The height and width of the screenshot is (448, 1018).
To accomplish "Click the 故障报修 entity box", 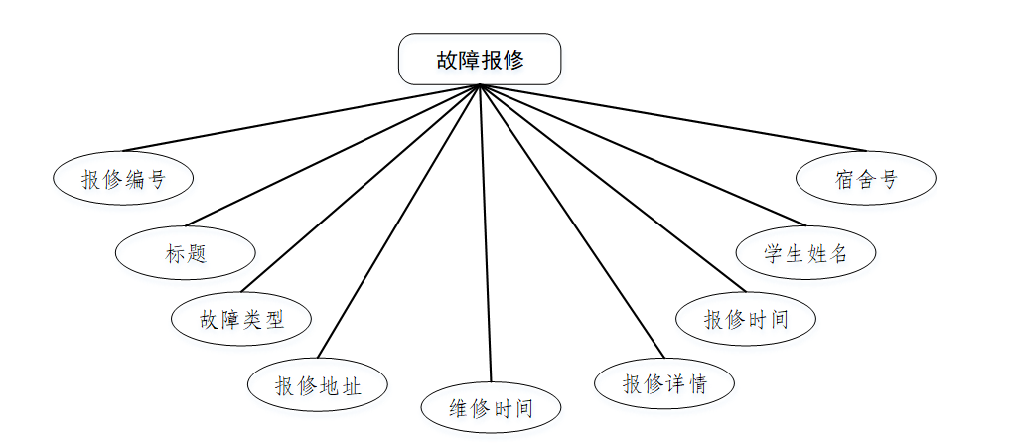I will coord(480,60).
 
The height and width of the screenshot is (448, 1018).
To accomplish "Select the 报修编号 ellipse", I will coord(123,179).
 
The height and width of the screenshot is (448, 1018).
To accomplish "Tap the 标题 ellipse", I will coord(186,252).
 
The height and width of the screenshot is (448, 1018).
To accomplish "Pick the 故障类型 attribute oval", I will coord(241,319).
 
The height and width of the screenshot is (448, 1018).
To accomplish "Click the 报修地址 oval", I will coord(317,385).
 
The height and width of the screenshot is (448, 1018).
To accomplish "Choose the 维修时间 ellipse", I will coord(492,408).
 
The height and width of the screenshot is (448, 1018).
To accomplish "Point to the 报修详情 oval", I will coord(664,383).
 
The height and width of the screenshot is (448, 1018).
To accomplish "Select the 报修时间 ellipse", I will coord(746,319).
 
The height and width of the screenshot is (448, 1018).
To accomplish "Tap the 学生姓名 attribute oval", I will coord(805,252).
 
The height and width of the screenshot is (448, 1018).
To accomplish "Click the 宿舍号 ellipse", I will coord(866,179).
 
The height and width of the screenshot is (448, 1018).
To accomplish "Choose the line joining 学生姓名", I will coord(641,155).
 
